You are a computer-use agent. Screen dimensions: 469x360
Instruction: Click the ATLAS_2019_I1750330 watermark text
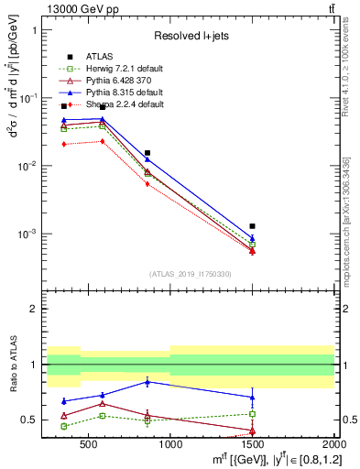coord(191,274)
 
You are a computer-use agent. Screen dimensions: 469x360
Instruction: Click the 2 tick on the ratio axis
coord(35,309)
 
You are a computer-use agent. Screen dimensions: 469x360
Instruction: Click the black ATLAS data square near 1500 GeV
coord(252,225)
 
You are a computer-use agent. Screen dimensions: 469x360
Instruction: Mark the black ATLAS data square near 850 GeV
coord(147,153)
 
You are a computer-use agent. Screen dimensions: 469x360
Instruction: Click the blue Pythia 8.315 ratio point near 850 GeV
coord(147,382)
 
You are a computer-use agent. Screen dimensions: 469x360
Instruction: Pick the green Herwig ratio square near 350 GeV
coord(63,426)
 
